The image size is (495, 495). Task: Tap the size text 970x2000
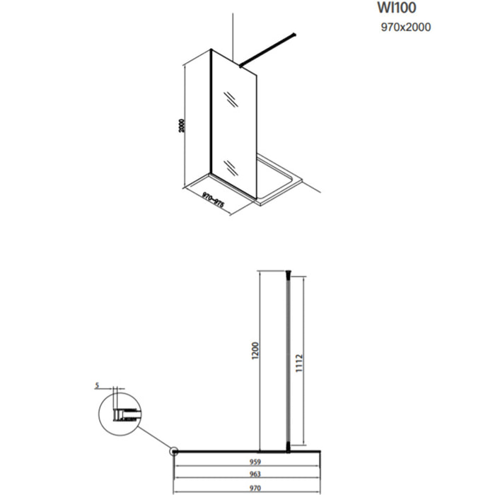[x=406, y=28]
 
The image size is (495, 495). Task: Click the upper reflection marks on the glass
[x=230, y=99]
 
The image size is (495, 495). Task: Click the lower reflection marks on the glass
[x=231, y=167]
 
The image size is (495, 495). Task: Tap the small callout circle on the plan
[x=173, y=450]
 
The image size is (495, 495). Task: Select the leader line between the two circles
[x=154, y=436]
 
